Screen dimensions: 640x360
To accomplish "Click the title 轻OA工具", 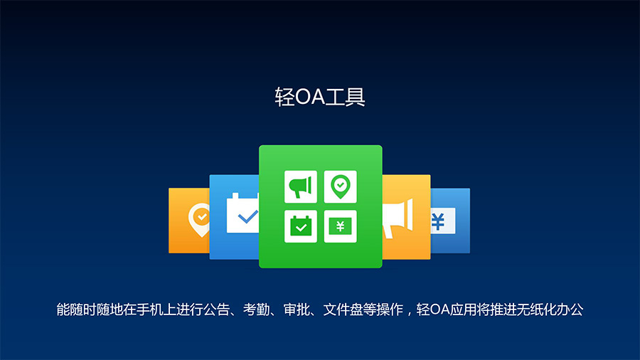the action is point(320,97).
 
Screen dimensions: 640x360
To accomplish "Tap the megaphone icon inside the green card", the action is point(300,186).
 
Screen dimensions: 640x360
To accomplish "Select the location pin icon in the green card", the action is point(341,186).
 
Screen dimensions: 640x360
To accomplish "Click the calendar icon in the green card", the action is point(300,226).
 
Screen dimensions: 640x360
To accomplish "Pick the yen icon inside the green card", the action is point(341,226).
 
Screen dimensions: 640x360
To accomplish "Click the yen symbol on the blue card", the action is point(438,222).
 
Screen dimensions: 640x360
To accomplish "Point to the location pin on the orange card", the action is point(200,220).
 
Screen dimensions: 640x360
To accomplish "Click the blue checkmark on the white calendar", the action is point(247,217).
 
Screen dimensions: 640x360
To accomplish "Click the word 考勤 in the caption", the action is point(256,309).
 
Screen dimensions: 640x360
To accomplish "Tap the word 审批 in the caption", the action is point(297,309).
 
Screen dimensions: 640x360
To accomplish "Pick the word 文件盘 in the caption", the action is point(343,309).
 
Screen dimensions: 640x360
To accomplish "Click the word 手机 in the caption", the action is point(150,309).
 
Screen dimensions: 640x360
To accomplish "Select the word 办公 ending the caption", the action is point(570,309).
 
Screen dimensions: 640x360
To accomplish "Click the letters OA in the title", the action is point(310,97).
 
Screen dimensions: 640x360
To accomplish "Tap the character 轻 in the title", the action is point(284,97).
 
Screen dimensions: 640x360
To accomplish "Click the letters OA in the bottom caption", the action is point(440,309).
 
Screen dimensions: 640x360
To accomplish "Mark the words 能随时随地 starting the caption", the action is point(90,309).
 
